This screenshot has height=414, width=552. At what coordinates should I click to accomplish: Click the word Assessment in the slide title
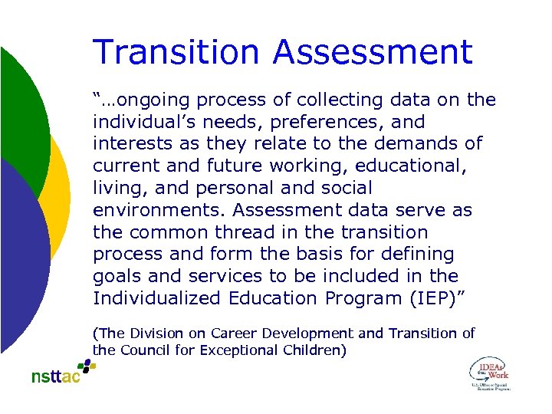373,52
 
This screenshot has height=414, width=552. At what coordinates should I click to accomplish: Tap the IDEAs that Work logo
488,375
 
